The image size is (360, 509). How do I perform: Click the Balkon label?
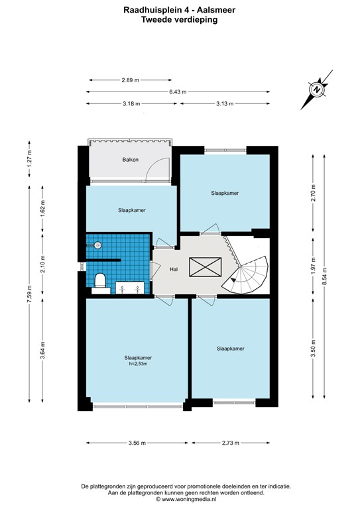(x=130, y=159)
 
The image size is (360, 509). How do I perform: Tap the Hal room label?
(x=174, y=269)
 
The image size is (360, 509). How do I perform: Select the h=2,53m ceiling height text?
(x=138, y=364)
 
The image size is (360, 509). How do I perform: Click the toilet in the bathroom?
(x=100, y=282)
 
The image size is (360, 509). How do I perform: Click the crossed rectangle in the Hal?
(x=205, y=267)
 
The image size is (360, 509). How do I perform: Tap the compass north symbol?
(x=316, y=89)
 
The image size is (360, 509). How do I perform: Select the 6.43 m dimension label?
(x=178, y=92)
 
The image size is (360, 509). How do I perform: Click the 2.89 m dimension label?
(x=131, y=80)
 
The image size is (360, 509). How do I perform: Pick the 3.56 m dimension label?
(x=137, y=443)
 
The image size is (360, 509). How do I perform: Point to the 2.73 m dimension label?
(x=231, y=443)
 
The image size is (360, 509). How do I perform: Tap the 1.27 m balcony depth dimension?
(x=29, y=159)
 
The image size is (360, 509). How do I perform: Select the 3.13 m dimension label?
(x=225, y=104)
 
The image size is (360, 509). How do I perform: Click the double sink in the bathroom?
(x=130, y=288)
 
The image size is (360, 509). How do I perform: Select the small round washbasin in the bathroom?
(x=97, y=245)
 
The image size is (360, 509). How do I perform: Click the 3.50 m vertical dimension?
(x=313, y=349)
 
